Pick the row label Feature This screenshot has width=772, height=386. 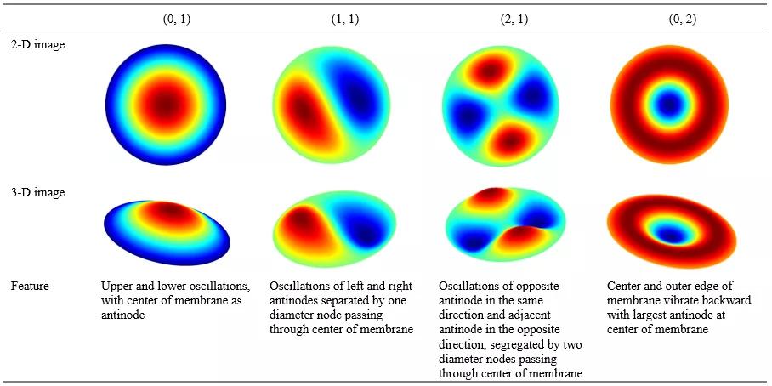[30, 286]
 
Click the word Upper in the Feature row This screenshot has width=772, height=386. [116, 286]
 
